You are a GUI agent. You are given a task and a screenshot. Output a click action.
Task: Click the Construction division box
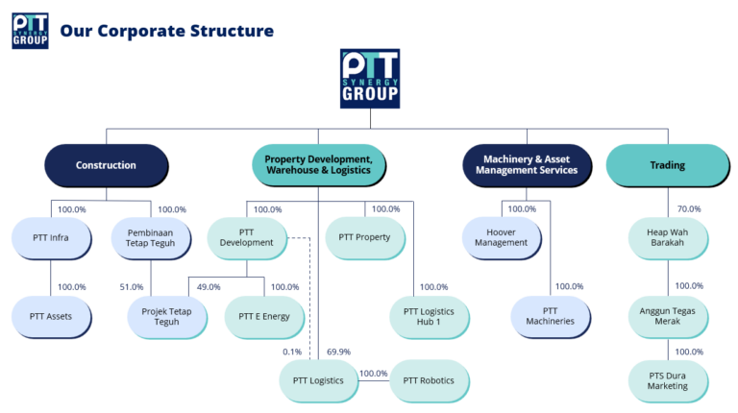click(106, 165)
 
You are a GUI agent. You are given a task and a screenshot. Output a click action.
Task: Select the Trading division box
click(667, 165)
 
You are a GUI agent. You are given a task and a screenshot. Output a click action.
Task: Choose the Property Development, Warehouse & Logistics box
click(318, 165)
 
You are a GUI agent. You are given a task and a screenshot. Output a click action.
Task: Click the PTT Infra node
click(49, 237)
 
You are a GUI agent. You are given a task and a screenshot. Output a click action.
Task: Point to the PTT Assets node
click(51, 316)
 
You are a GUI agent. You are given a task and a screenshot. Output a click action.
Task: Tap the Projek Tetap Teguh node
click(166, 316)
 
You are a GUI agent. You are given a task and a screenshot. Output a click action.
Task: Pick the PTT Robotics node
click(429, 380)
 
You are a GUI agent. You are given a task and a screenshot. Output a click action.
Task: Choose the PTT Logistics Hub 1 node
click(429, 316)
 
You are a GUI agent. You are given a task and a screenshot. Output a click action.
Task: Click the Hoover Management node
click(501, 237)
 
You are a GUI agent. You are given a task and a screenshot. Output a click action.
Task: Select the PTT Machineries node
click(551, 316)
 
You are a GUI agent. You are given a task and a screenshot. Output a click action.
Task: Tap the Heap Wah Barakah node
click(667, 237)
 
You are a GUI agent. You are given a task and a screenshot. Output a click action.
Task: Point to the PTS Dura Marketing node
click(667, 380)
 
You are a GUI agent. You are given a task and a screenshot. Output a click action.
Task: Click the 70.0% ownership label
click(688, 208)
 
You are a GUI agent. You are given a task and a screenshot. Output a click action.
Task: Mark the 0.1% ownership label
click(292, 352)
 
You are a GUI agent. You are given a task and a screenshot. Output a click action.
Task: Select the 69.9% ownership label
click(338, 352)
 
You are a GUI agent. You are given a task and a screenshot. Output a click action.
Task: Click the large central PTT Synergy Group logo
click(370, 79)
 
